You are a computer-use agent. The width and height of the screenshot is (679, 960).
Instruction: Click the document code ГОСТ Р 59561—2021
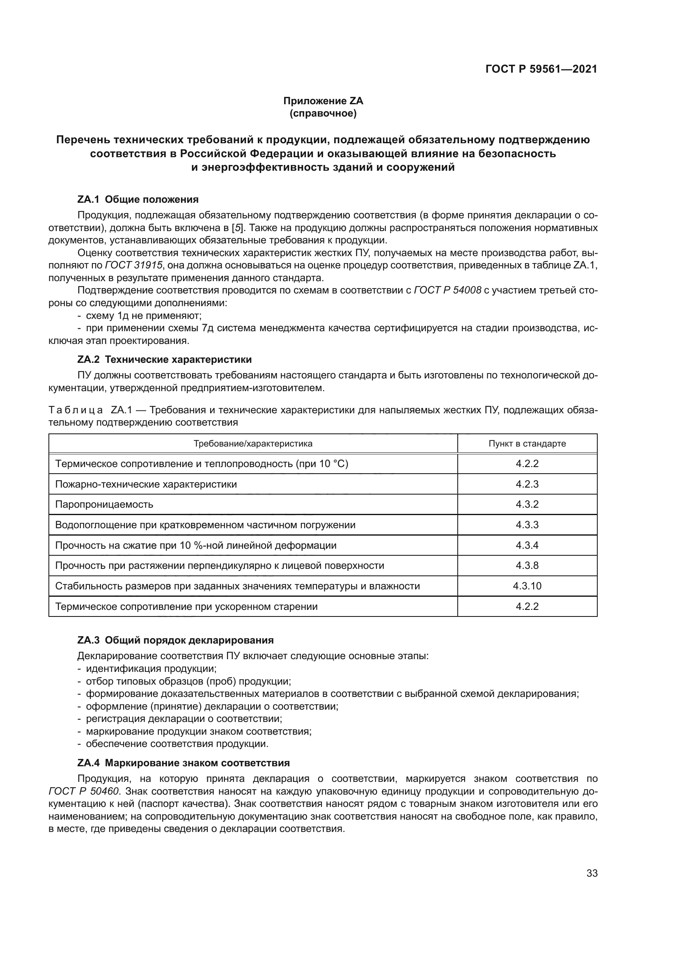pyautogui.click(x=541, y=69)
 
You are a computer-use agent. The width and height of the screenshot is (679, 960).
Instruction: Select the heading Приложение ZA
pyautogui.click(x=323, y=101)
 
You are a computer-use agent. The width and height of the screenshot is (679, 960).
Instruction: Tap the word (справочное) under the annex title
pyautogui.click(x=323, y=113)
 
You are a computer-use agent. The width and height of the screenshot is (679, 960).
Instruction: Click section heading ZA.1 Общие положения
pyautogui.click(x=138, y=199)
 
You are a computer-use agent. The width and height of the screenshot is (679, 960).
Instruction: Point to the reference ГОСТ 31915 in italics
pyautogui.click(x=133, y=266)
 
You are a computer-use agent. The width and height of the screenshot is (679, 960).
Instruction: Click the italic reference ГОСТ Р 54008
pyautogui.click(x=447, y=291)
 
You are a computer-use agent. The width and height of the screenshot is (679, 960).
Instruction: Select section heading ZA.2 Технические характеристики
pyautogui.click(x=164, y=360)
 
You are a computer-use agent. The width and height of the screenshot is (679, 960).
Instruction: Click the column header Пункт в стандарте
pyautogui.click(x=527, y=444)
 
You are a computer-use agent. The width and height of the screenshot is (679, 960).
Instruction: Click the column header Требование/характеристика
pyautogui.click(x=252, y=444)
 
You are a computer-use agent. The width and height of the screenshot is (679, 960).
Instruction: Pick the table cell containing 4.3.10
pyautogui.click(x=527, y=586)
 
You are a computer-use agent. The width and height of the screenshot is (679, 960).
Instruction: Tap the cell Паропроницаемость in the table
pyautogui.click(x=104, y=504)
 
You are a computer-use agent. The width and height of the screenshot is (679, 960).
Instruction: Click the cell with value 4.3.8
pyautogui.click(x=527, y=566)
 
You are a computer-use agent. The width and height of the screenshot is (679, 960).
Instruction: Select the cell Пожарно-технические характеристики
pyautogui.click(x=146, y=484)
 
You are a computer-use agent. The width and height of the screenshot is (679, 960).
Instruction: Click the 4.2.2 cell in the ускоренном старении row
pyautogui.click(x=527, y=606)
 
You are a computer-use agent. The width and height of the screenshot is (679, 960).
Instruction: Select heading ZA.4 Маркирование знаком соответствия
pyautogui.click(x=183, y=763)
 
